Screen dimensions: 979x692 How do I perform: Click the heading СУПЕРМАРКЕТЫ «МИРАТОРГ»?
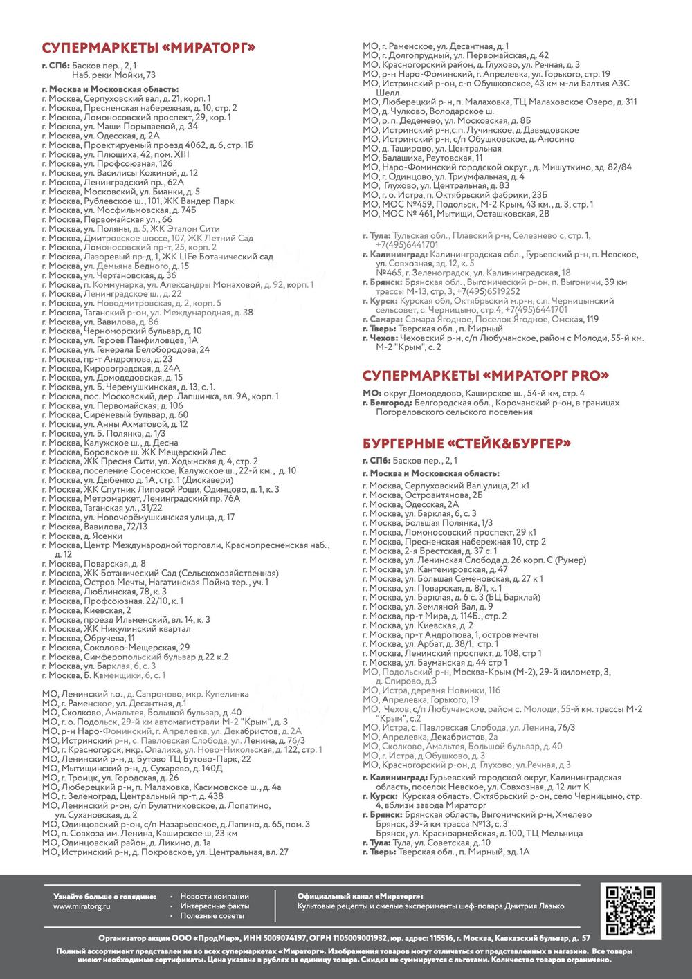click(149, 48)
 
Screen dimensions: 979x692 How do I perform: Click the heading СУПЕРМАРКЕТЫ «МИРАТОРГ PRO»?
click(486, 376)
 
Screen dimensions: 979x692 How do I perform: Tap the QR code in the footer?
click(630, 911)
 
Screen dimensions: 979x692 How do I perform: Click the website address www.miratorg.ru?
click(82, 906)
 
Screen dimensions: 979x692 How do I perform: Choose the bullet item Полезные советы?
click(212, 915)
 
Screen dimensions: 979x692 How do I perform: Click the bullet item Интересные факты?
click(215, 906)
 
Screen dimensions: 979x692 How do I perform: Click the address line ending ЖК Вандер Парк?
click(138, 201)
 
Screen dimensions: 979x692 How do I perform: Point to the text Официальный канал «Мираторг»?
click(360, 896)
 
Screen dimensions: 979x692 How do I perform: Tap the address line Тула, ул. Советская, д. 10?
click(426, 843)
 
